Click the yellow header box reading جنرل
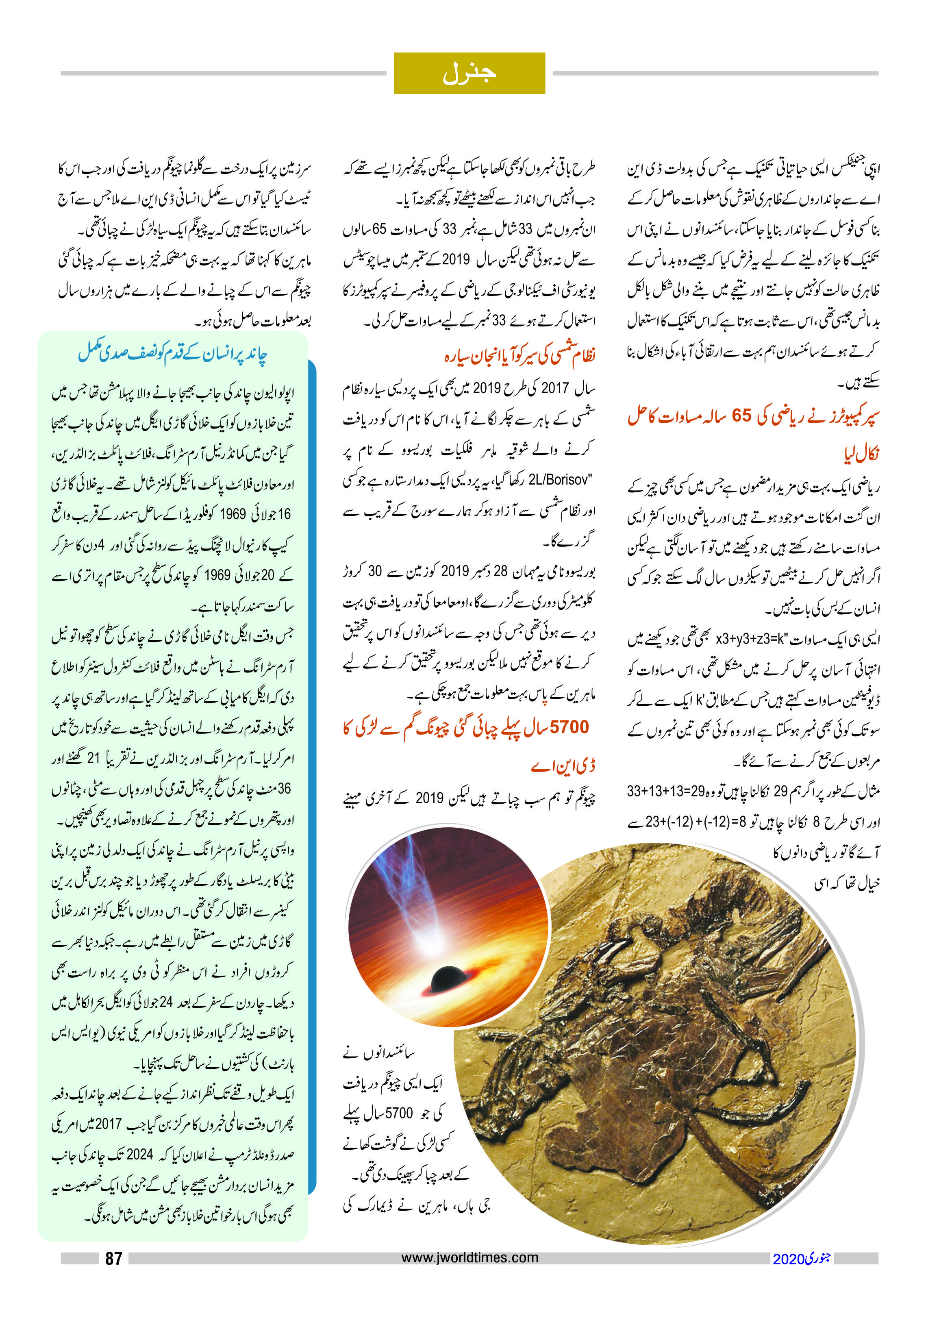[x=469, y=74]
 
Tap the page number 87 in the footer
[x=114, y=1258]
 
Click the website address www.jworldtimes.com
[x=469, y=1257]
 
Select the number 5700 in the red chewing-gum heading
[x=569, y=727]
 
